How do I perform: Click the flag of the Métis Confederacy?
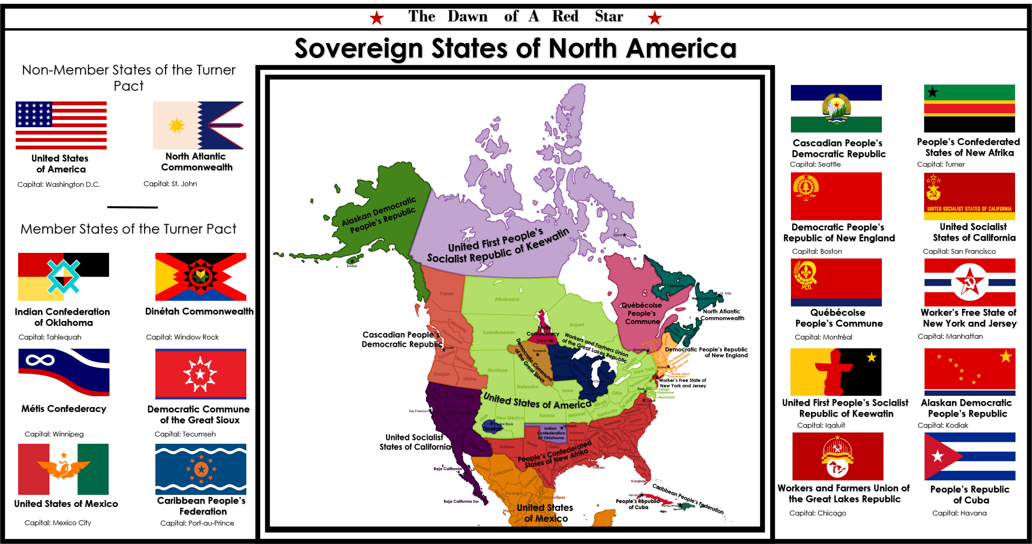[x=64, y=372]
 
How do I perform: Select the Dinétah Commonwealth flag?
[x=200, y=277]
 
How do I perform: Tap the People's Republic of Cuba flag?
[x=970, y=457]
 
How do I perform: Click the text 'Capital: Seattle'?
[x=815, y=164]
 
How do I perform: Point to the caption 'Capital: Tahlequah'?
[x=50, y=337]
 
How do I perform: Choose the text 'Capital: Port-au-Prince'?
[x=197, y=523]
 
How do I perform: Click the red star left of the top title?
[x=377, y=18]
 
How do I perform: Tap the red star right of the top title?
[x=654, y=18]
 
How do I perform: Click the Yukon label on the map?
[x=446, y=294]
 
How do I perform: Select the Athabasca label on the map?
[x=507, y=299]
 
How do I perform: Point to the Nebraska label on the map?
[x=527, y=387]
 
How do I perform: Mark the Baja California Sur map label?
[x=461, y=501]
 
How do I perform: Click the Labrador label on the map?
[x=676, y=286]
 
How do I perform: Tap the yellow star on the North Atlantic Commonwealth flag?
[x=177, y=126]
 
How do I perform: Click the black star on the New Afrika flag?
[x=933, y=92]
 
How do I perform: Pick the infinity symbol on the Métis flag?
[x=40, y=360]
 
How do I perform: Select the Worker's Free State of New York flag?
[x=970, y=282]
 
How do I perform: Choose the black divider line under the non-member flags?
[x=132, y=207]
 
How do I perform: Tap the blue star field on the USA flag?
[x=34, y=114]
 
